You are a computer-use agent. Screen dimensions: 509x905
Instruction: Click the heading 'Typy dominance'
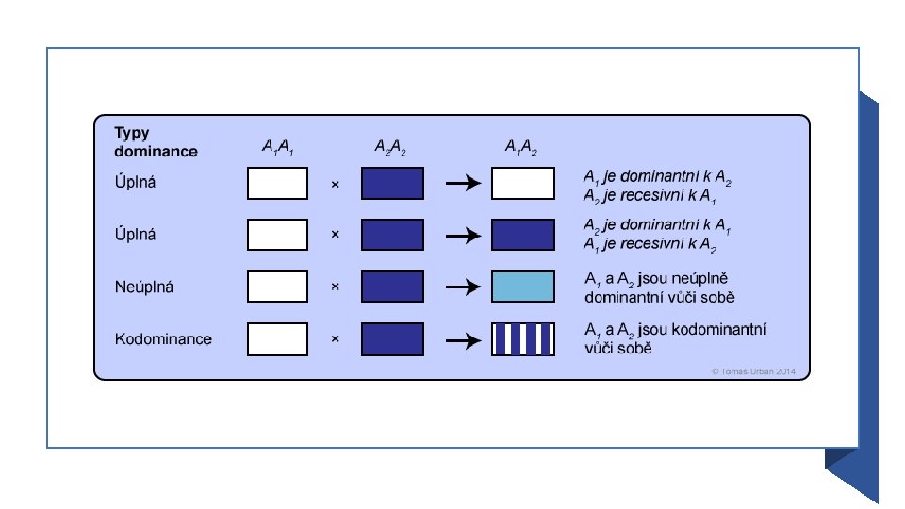pyautogui.click(x=156, y=141)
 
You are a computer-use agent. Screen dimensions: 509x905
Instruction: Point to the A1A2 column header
pyautogui.click(x=522, y=147)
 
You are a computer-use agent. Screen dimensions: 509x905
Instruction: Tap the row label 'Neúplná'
pyautogui.click(x=144, y=287)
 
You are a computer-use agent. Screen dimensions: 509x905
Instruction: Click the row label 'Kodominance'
pyautogui.click(x=163, y=338)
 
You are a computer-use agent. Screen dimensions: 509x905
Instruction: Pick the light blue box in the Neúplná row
pyautogui.click(x=523, y=287)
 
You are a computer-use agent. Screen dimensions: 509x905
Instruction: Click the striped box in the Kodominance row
pyautogui.click(x=523, y=338)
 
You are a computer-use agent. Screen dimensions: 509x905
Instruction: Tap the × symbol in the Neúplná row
pyautogui.click(x=335, y=287)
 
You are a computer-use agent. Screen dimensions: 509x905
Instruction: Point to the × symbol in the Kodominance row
pyautogui.click(x=335, y=338)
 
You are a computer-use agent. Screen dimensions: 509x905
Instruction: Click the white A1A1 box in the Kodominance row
pyautogui.click(x=277, y=338)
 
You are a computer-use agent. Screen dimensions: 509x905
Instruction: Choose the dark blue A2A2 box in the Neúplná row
pyautogui.click(x=392, y=287)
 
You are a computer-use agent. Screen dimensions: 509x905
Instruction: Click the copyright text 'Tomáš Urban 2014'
pyautogui.click(x=754, y=372)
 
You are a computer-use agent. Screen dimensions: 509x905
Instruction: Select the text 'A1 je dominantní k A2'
pyautogui.click(x=657, y=177)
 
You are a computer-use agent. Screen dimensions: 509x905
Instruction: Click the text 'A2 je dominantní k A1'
pyautogui.click(x=657, y=229)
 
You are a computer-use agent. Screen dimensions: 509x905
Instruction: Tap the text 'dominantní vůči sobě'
pyautogui.click(x=660, y=298)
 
